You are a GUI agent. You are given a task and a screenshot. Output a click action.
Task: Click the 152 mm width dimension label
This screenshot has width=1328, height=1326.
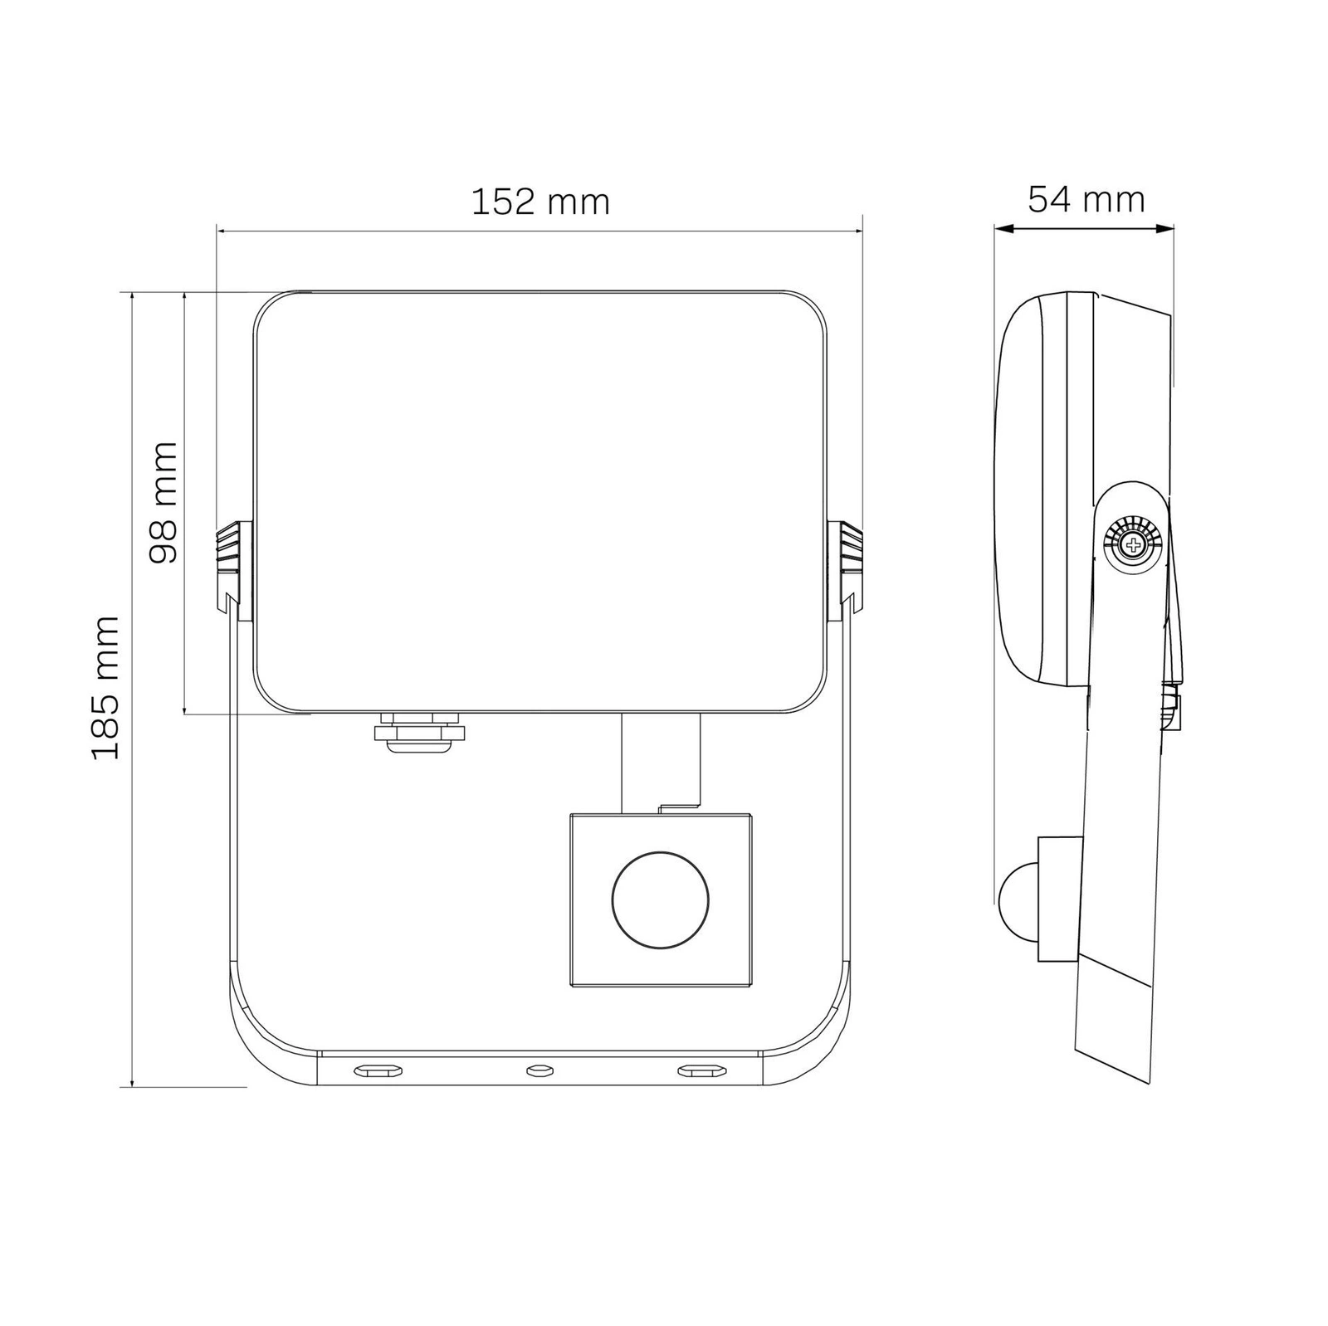[x=540, y=202]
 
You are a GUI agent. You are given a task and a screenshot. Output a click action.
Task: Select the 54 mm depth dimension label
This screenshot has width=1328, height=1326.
[x=1086, y=200]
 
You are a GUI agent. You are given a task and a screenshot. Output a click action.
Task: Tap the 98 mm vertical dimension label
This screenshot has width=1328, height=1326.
[x=164, y=503]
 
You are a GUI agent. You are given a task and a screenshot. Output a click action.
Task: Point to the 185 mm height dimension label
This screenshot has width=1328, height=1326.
[x=105, y=688]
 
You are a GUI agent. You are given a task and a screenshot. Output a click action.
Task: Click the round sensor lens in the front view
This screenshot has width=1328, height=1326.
[x=661, y=900]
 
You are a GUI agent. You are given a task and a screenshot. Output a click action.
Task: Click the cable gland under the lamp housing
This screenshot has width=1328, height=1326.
[x=420, y=732]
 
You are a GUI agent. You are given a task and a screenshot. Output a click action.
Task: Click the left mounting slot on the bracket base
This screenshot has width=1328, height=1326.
[x=378, y=1070]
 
